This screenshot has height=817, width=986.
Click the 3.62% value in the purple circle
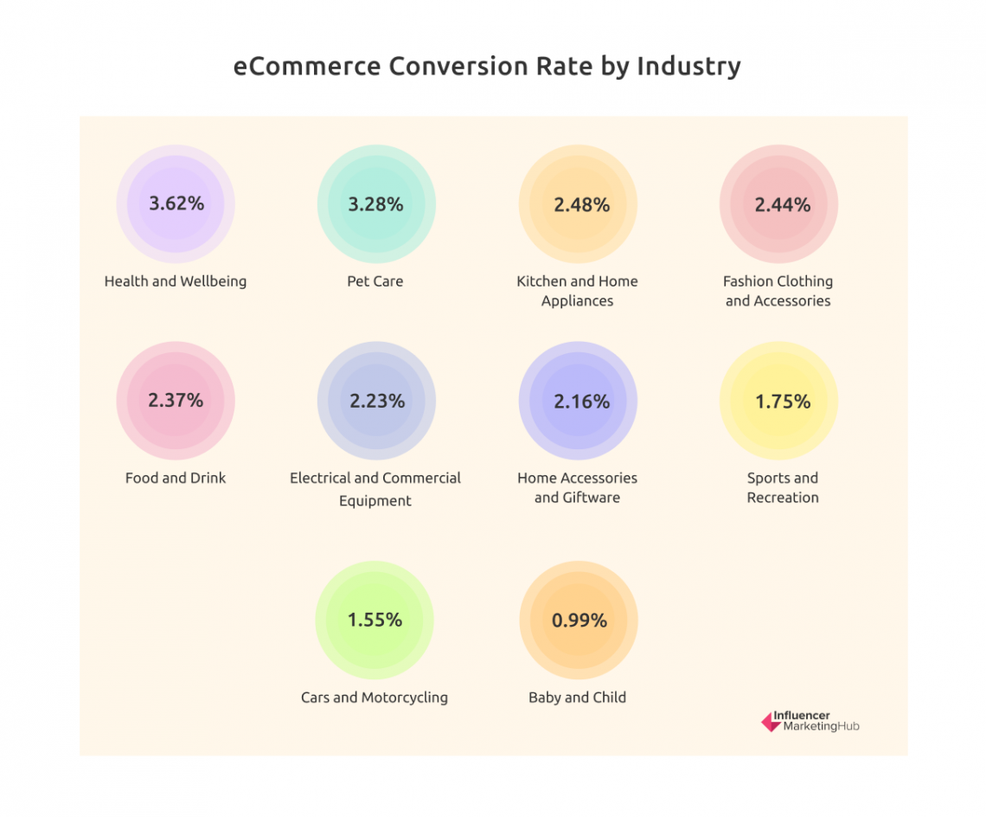tap(176, 203)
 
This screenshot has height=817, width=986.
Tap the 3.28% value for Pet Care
tap(375, 204)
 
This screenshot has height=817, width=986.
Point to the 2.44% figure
tap(782, 204)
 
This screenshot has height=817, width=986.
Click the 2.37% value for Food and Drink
tap(176, 400)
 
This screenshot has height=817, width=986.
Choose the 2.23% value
tap(376, 401)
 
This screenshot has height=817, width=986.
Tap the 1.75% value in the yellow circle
tap(782, 401)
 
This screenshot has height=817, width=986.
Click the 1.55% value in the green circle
tap(375, 620)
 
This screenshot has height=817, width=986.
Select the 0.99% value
tap(579, 621)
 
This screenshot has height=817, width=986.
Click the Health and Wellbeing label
tap(176, 281)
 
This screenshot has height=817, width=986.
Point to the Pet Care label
tap(375, 281)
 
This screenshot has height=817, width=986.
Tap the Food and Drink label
tap(176, 478)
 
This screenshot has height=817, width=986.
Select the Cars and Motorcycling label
tap(375, 698)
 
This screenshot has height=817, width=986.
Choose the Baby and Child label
tap(577, 698)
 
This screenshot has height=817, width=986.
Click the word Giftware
tap(590, 498)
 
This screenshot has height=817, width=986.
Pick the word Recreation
tap(783, 498)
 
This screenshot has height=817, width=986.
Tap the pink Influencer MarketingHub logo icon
tap(770, 722)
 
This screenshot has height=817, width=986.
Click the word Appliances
tap(578, 301)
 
